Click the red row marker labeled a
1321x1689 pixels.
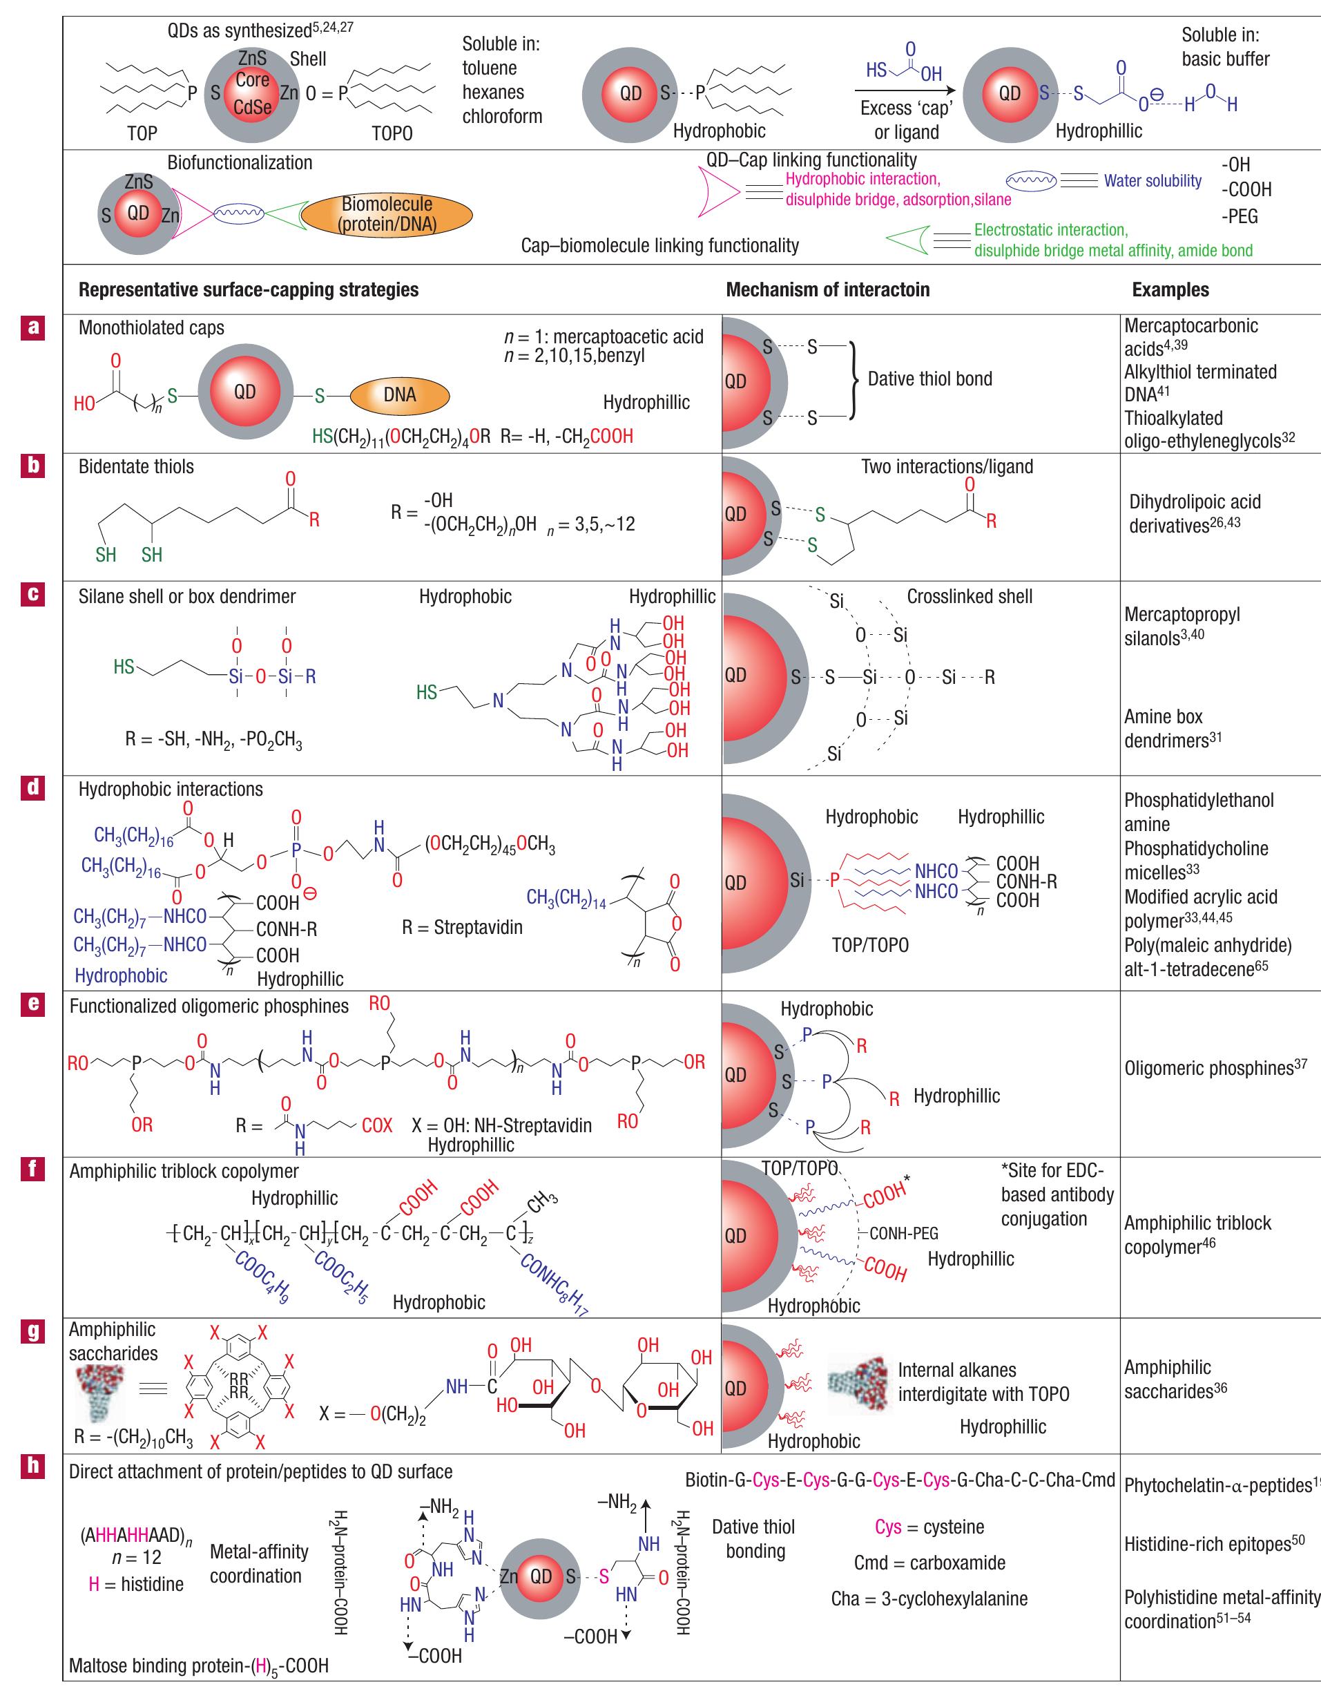[x=32, y=327]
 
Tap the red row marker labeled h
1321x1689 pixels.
[x=32, y=1464]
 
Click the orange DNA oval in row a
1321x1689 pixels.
[x=399, y=394]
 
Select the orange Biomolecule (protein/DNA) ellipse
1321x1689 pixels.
[x=387, y=214]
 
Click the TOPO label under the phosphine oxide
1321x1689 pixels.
[x=392, y=133]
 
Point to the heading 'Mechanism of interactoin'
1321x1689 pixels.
[x=827, y=290]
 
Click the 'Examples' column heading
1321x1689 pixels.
[x=1170, y=290]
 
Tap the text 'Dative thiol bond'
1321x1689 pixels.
[x=929, y=379]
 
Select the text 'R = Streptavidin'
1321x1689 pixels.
[x=462, y=927]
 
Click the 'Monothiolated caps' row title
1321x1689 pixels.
[x=152, y=328]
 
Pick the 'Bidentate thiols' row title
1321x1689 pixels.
[x=136, y=466]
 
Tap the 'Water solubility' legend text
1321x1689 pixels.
[x=1153, y=181]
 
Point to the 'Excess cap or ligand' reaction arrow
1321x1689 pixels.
[x=906, y=89]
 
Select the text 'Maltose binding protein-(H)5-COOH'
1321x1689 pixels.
[x=199, y=1665]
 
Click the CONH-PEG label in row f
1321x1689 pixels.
[x=903, y=1233]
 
